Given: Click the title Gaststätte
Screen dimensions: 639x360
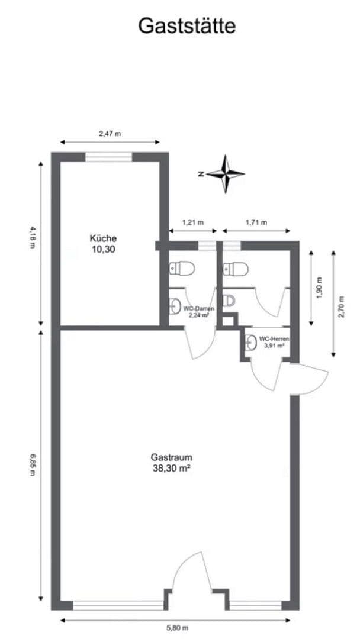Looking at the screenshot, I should pos(187,25).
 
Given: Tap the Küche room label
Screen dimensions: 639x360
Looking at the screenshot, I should pos(103,238).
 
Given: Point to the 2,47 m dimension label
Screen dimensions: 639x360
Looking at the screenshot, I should pos(110,134).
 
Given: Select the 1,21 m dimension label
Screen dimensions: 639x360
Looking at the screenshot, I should pos(193,222).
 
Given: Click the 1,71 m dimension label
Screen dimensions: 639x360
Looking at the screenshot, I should pos(256,222).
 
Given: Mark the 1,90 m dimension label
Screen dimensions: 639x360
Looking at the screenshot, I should pos(319,288).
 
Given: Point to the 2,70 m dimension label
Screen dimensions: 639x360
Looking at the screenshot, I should pos(341,306).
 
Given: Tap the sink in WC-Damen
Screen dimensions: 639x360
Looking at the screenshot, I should pos(174,306).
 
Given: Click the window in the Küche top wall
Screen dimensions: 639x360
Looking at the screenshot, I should pos(108,157).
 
